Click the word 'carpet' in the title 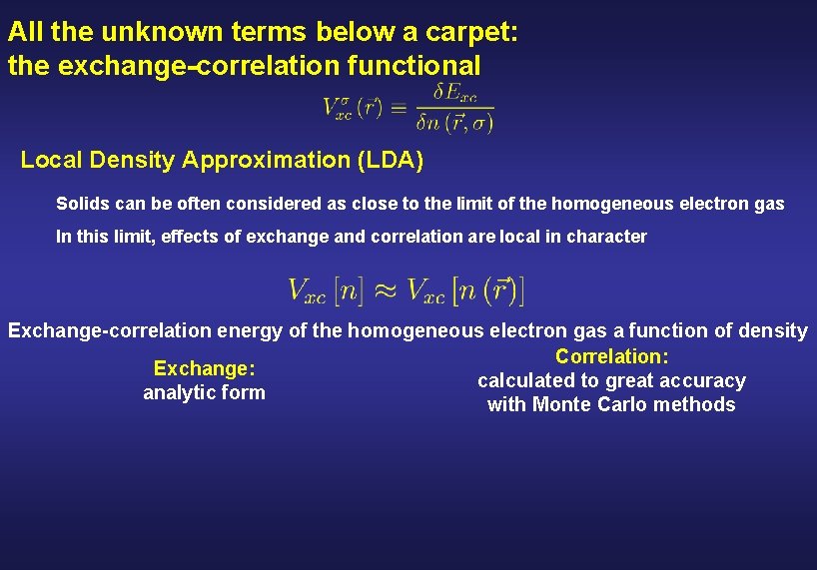coord(475,31)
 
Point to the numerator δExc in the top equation coord(455,93)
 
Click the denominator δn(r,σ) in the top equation coord(454,122)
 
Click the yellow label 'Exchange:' coord(204,369)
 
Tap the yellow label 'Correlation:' coord(611,356)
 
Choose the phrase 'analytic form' coord(204,392)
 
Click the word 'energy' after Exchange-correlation coord(249,330)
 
